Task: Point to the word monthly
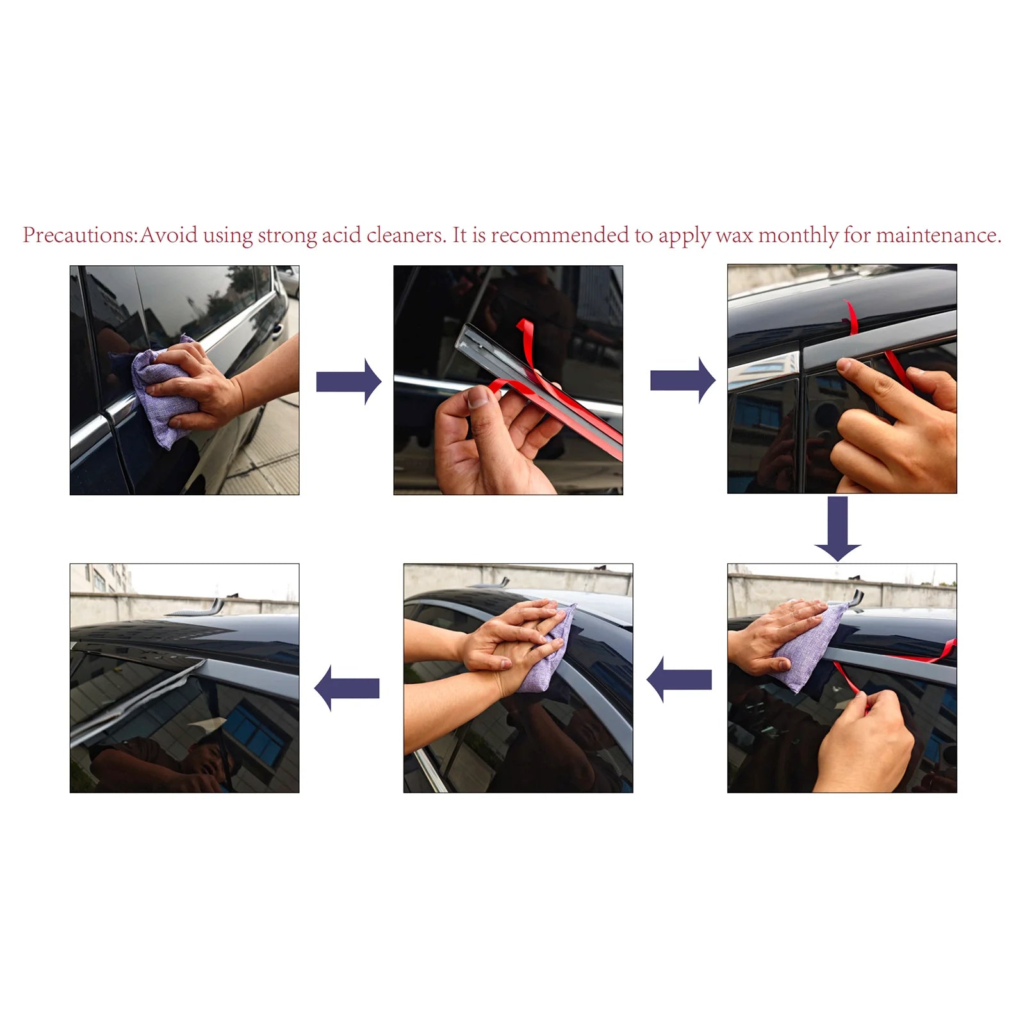point(798,235)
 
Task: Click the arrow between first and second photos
point(348,382)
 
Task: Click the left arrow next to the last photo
point(347,688)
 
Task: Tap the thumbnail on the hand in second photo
point(479,399)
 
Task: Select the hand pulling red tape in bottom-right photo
point(865,743)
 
